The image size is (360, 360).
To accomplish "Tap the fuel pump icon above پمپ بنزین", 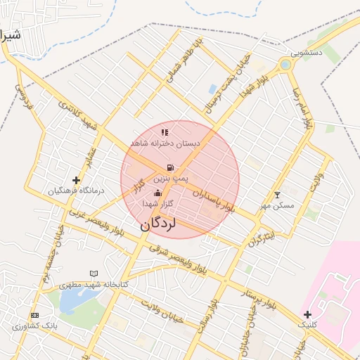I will pyautogui.click(x=170, y=167).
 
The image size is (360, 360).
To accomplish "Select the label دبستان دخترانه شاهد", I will pyautogui.click(x=165, y=143).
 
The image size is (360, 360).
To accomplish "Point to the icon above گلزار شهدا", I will pyautogui.click(x=157, y=193).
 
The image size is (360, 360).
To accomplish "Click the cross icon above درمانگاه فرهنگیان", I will pyautogui.click(x=76, y=181).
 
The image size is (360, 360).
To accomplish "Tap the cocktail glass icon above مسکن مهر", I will pyautogui.click(x=277, y=195).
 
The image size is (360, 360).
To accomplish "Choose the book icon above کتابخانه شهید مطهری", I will pyautogui.click(x=94, y=274).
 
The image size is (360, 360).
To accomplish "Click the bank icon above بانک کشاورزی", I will pyautogui.click(x=34, y=315).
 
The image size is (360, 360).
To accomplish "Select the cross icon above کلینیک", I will pyautogui.click(x=307, y=314).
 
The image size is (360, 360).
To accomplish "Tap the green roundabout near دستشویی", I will pyautogui.click(x=285, y=65).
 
